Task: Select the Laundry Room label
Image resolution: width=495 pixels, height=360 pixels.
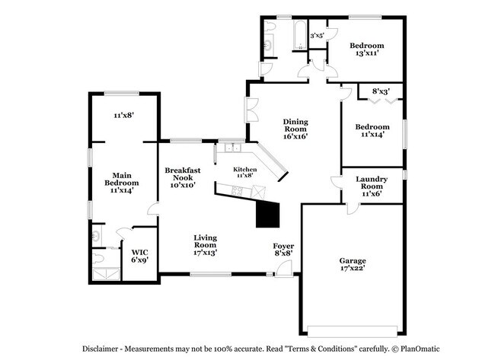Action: click(372, 186)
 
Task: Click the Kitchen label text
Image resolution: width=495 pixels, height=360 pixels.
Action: click(244, 172)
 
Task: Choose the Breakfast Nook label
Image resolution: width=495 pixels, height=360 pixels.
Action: click(183, 177)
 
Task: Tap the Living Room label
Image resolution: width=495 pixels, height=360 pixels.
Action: click(205, 244)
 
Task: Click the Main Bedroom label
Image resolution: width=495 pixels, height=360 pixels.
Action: click(122, 183)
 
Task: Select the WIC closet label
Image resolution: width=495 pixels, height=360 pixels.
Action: click(139, 255)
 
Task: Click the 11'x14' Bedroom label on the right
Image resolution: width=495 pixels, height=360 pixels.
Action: click(372, 130)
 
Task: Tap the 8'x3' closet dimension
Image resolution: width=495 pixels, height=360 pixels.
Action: click(381, 91)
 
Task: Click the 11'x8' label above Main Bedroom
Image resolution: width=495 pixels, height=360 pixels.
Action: click(123, 115)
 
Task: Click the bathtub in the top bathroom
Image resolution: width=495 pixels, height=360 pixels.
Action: click(297, 34)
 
